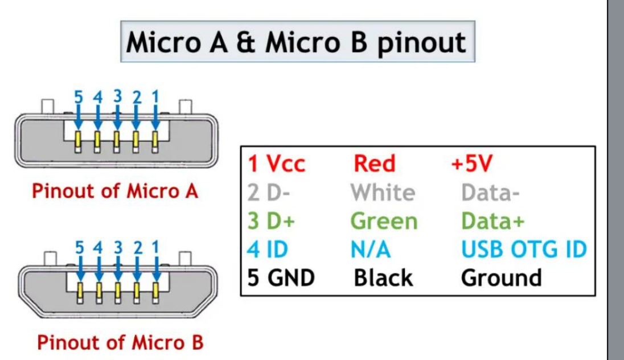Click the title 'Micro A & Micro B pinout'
click(x=295, y=43)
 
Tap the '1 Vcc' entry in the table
click(x=276, y=163)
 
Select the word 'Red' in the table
click(x=375, y=163)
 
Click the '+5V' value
click(x=472, y=163)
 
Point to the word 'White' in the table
click(x=383, y=193)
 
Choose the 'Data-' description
click(x=490, y=193)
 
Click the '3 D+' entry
click(x=271, y=221)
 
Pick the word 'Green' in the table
click(x=384, y=221)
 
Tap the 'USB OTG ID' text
click(x=524, y=249)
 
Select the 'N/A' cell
click(x=371, y=249)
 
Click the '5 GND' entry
click(x=281, y=277)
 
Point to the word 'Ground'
click(x=502, y=277)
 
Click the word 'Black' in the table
click(x=383, y=277)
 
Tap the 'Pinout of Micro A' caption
click(x=115, y=191)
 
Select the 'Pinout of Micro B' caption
click(x=120, y=342)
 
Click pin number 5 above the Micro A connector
click(x=79, y=97)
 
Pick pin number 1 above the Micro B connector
click(x=155, y=247)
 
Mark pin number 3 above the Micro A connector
click(x=117, y=96)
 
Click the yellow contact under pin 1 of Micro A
click(x=155, y=139)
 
